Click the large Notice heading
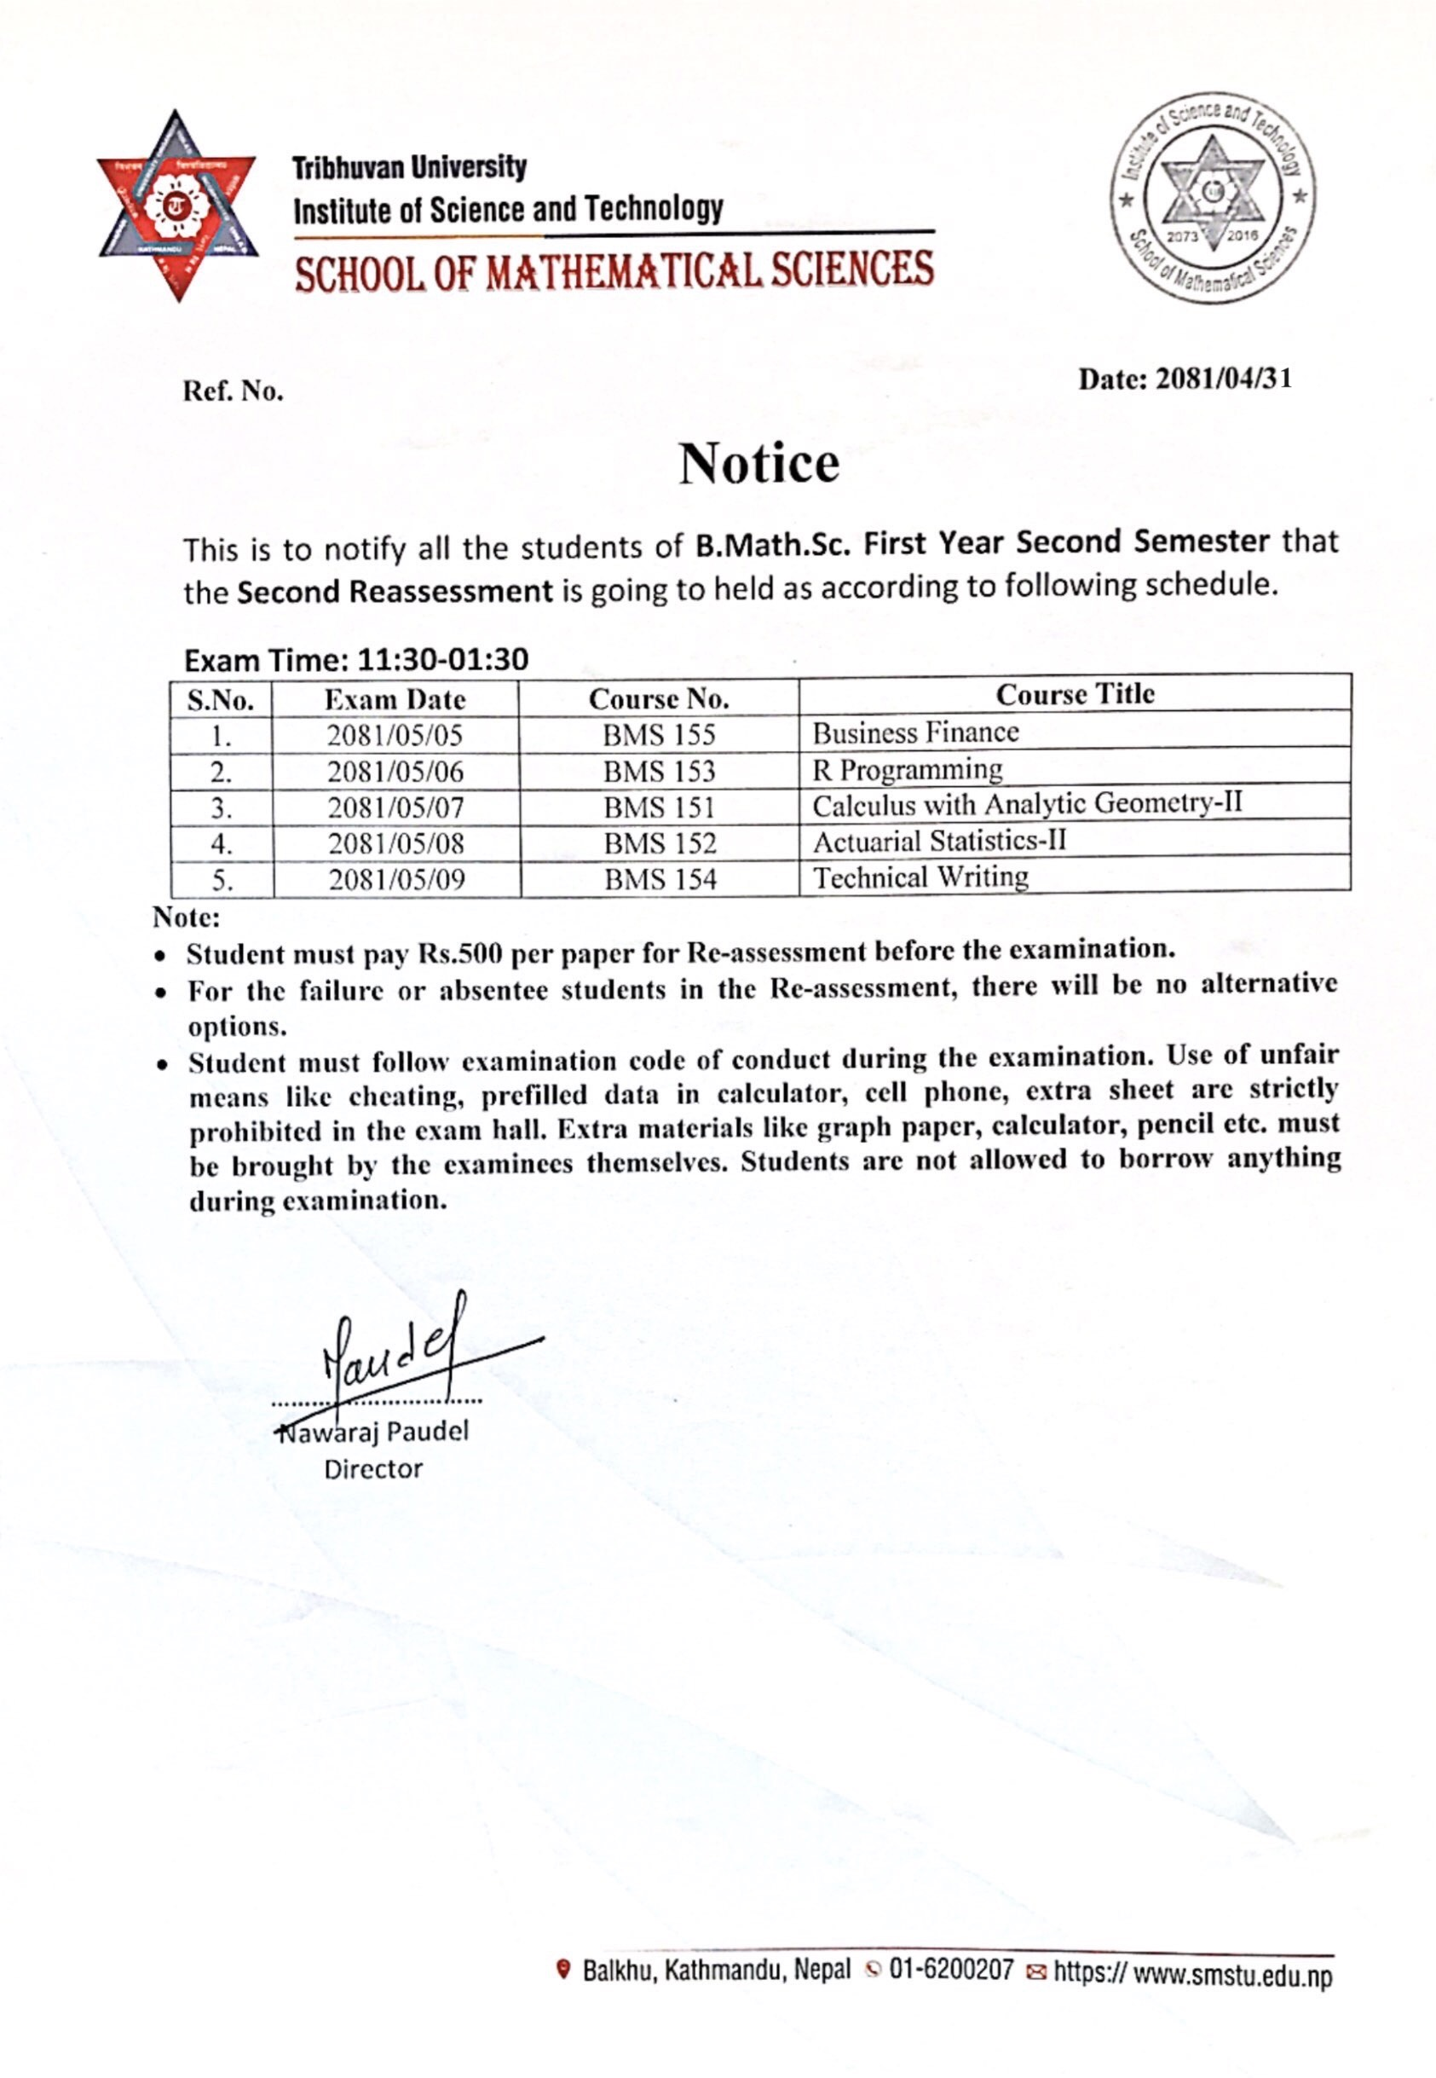758,464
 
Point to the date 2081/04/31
1223,379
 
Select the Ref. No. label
233,391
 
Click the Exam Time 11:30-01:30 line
356,661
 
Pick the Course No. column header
659,699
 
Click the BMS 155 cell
659,735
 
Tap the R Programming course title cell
907,770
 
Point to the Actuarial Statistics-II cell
939,842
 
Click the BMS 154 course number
660,879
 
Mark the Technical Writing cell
920,877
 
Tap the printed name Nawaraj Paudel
373,1432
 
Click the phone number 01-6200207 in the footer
951,1970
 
